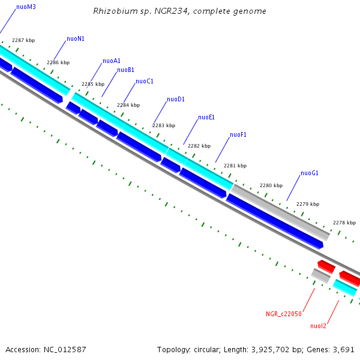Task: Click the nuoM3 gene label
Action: pos(26,7)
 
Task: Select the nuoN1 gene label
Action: pos(75,39)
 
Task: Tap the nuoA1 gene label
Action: pos(112,61)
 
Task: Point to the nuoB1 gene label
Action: pos(125,70)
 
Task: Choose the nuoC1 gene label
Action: pos(145,82)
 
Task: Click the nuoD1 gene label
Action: pos(175,100)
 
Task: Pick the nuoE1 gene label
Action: pos(206,118)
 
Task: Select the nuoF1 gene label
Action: pos(238,135)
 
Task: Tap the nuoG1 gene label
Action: pos(309,173)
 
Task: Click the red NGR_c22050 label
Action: pos(284,313)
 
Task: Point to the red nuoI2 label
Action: pos(318,326)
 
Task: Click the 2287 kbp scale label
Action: pos(23,40)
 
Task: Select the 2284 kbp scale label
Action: pos(128,105)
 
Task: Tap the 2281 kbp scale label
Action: pos(235,166)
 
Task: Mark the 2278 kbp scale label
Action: pos(344,223)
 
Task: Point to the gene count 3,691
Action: pos(343,349)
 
